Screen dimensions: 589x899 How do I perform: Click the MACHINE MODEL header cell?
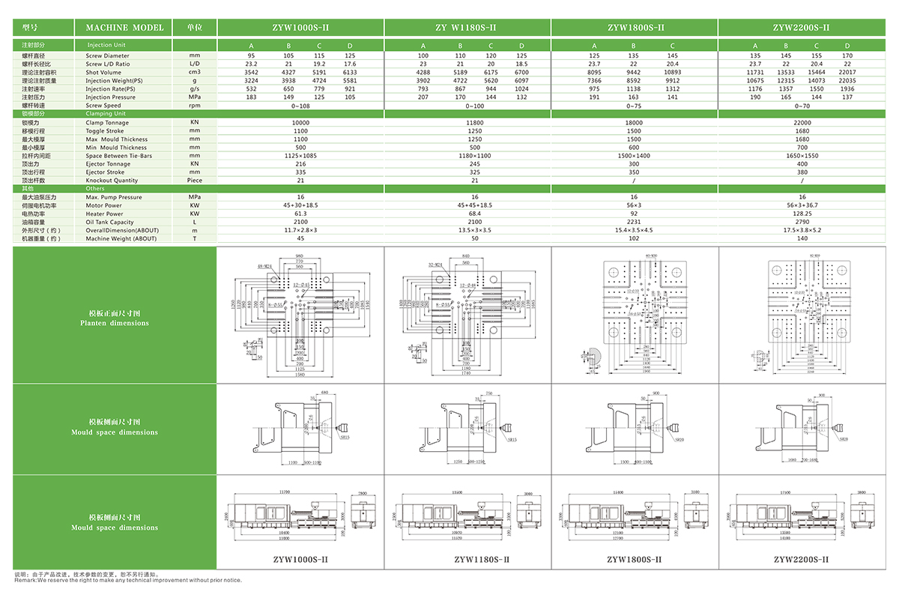[124, 28]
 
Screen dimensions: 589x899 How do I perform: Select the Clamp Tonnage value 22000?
[802, 122]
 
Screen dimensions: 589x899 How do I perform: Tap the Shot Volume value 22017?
[847, 72]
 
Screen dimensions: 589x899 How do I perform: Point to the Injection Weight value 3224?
[252, 80]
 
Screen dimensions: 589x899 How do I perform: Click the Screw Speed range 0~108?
[300, 106]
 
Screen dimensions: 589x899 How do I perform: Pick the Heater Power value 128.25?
[802, 214]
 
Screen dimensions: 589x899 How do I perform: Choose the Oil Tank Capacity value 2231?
[634, 222]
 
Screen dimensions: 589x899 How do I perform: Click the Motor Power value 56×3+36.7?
[802, 205]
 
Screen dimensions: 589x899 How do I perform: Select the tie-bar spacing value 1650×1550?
[802, 155]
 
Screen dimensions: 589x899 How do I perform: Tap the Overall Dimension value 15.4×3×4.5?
[634, 230]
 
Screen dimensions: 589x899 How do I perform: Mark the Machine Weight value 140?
[802, 238]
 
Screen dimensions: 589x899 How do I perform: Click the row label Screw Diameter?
[107, 55]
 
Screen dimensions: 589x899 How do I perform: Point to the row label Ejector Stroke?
[105, 172]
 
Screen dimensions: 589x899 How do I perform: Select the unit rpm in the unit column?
[195, 106]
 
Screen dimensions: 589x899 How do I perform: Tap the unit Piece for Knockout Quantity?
[195, 180]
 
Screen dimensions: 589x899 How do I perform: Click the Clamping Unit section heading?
[106, 114]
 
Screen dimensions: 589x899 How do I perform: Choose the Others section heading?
[95, 188]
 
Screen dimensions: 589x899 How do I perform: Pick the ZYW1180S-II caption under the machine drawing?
[467, 559]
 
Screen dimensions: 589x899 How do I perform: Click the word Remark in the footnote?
[25, 580]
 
